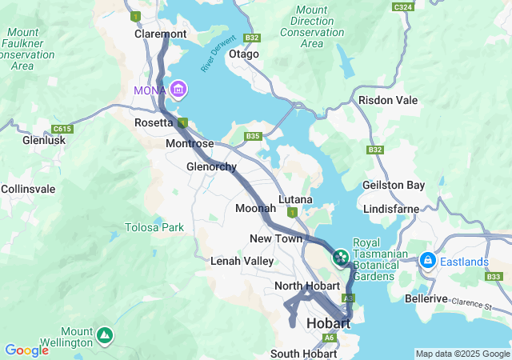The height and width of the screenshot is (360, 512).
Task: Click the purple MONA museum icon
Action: point(178,88)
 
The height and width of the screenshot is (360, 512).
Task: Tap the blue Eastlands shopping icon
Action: point(427,260)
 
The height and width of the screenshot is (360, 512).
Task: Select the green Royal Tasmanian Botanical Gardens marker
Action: point(341,257)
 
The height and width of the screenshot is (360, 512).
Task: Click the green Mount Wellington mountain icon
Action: point(104,334)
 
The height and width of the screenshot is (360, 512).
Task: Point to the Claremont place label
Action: point(160,34)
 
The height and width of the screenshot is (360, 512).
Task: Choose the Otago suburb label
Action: point(244,54)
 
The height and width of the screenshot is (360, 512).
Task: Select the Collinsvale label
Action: point(28,188)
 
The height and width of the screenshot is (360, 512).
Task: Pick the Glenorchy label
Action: point(211,166)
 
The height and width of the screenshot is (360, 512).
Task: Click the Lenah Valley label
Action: point(242,261)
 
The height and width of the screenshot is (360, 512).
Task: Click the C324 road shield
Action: point(404,6)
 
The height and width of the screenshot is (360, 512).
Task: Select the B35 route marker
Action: point(254,137)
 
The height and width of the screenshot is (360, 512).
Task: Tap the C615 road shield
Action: point(61,128)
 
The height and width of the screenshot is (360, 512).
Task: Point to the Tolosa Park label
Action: point(154,227)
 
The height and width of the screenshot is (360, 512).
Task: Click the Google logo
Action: point(26,350)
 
